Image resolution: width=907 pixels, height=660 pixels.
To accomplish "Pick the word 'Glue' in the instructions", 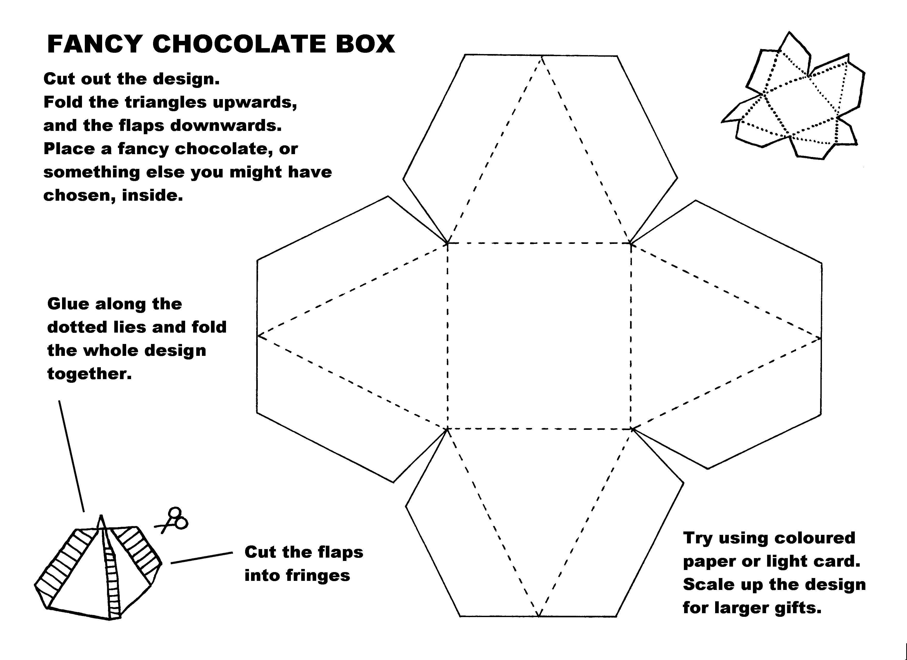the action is [68, 304].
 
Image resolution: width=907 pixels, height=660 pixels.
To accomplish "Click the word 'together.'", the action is [89, 374].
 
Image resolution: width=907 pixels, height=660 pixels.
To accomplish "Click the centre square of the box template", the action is [539, 336].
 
